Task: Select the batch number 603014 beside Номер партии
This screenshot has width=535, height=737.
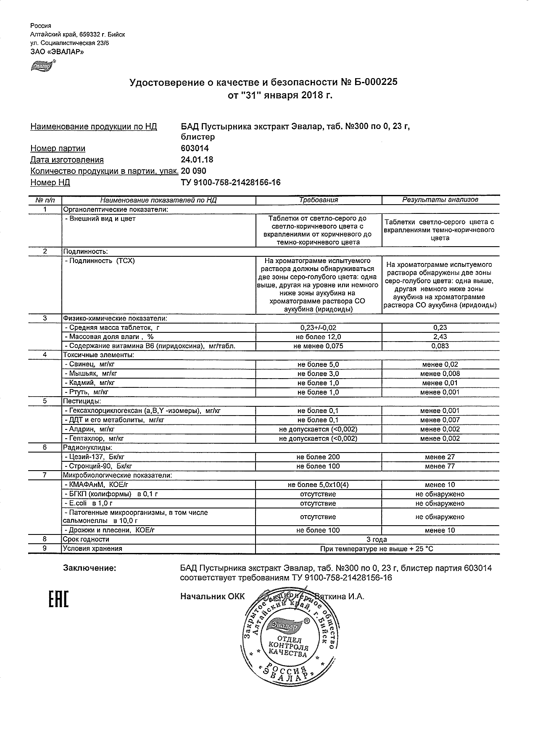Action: (x=195, y=148)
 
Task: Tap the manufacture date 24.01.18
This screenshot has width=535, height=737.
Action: (x=197, y=160)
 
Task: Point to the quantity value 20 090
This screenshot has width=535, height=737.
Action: (x=193, y=171)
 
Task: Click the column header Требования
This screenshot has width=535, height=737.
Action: (x=319, y=200)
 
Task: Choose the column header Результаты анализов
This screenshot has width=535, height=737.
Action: (x=440, y=200)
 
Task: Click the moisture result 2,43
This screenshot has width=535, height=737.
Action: (x=440, y=337)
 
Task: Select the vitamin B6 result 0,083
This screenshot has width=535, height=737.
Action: (x=440, y=346)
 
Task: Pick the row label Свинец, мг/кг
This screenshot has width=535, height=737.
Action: (x=90, y=365)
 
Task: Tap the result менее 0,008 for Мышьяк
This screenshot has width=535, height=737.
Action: (x=440, y=374)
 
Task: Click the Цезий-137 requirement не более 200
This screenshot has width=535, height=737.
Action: (x=318, y=457)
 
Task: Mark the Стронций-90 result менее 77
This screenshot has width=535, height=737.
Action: (x=440, y=466)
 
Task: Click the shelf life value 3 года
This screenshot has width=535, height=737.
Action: (x=377, y=540)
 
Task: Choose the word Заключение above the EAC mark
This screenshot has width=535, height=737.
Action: (x=89, y=569)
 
